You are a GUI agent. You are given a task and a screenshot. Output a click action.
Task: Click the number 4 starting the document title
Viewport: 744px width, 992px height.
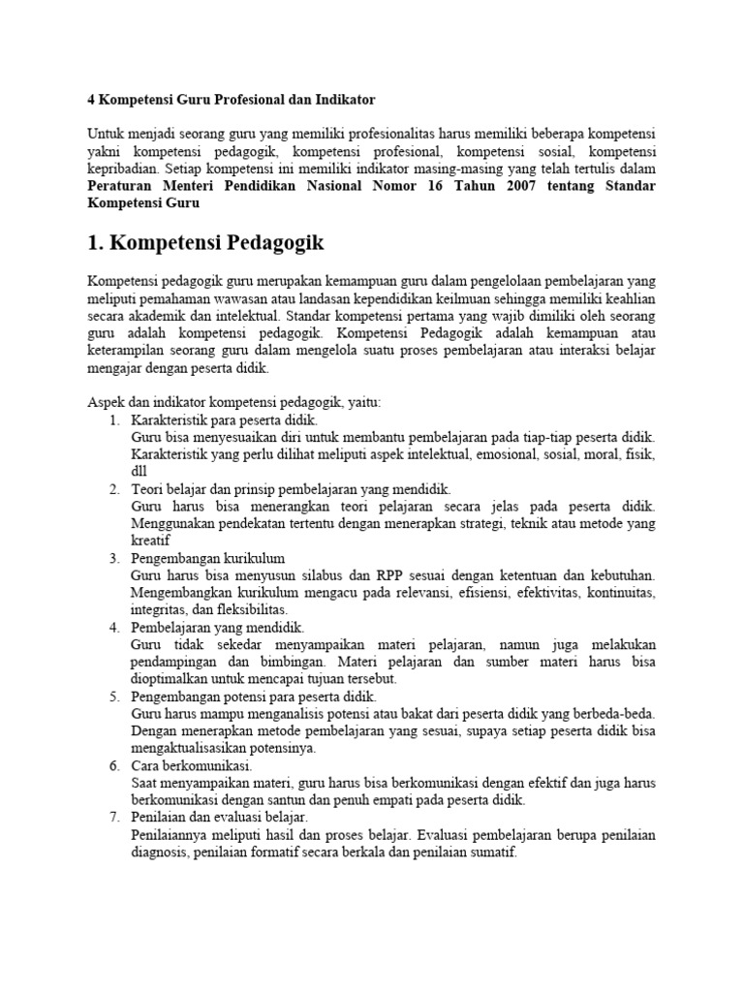point(91,100)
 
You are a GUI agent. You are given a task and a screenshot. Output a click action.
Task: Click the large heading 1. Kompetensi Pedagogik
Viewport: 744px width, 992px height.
point(205,242)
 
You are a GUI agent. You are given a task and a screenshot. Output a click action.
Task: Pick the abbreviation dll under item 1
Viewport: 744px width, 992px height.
point(139,472)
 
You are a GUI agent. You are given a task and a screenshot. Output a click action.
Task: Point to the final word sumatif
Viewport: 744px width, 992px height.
point(493,853)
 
